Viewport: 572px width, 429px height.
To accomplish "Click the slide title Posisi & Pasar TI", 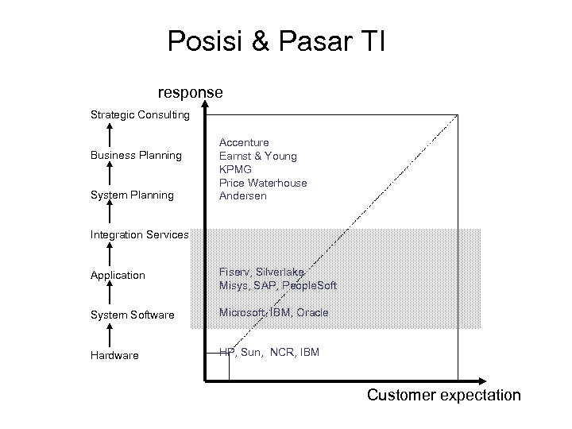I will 276,41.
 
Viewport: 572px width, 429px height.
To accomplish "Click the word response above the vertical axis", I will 190,93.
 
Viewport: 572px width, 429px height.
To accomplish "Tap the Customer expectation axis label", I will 443,395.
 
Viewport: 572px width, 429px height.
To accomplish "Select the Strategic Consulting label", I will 140,115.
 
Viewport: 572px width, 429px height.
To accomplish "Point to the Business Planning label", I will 136,155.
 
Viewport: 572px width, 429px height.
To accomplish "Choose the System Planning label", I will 132,195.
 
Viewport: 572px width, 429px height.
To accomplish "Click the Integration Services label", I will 139,235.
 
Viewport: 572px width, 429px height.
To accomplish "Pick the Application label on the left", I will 118,275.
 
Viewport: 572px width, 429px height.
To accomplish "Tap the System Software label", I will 132,315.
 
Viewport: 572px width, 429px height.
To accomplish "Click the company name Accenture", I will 244,142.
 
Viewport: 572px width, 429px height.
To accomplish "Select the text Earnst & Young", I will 257,156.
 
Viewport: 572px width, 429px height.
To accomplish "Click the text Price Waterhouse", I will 262,183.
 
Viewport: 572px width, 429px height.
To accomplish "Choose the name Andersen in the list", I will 242,196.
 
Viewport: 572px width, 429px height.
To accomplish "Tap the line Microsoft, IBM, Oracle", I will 273,313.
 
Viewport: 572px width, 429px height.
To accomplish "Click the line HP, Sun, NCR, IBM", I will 269,351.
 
